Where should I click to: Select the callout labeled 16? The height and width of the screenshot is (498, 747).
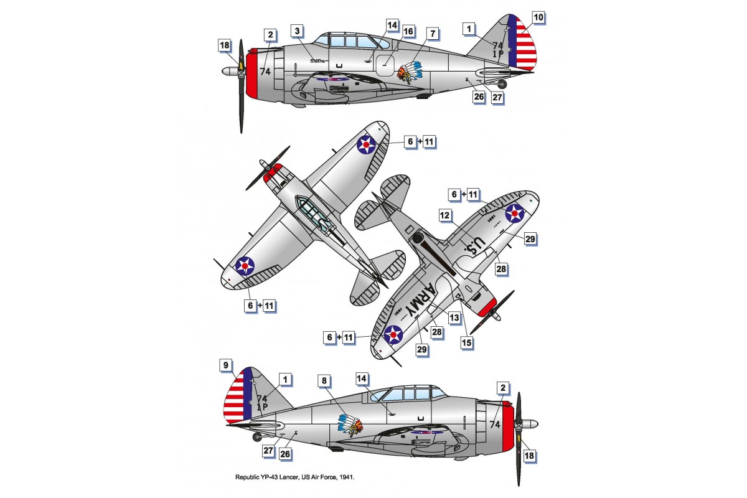click(408, 31)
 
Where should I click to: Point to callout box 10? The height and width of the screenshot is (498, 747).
click(538, 17)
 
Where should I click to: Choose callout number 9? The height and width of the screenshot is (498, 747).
click(225, 365)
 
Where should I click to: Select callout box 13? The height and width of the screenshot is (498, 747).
click(454, 317)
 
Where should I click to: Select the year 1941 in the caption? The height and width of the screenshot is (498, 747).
click(351, 477)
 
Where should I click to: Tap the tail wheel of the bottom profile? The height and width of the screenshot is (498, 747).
click(257, 437)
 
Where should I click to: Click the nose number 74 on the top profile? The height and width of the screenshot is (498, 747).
click(265, 71)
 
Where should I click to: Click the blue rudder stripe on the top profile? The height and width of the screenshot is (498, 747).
click(513, 41)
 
